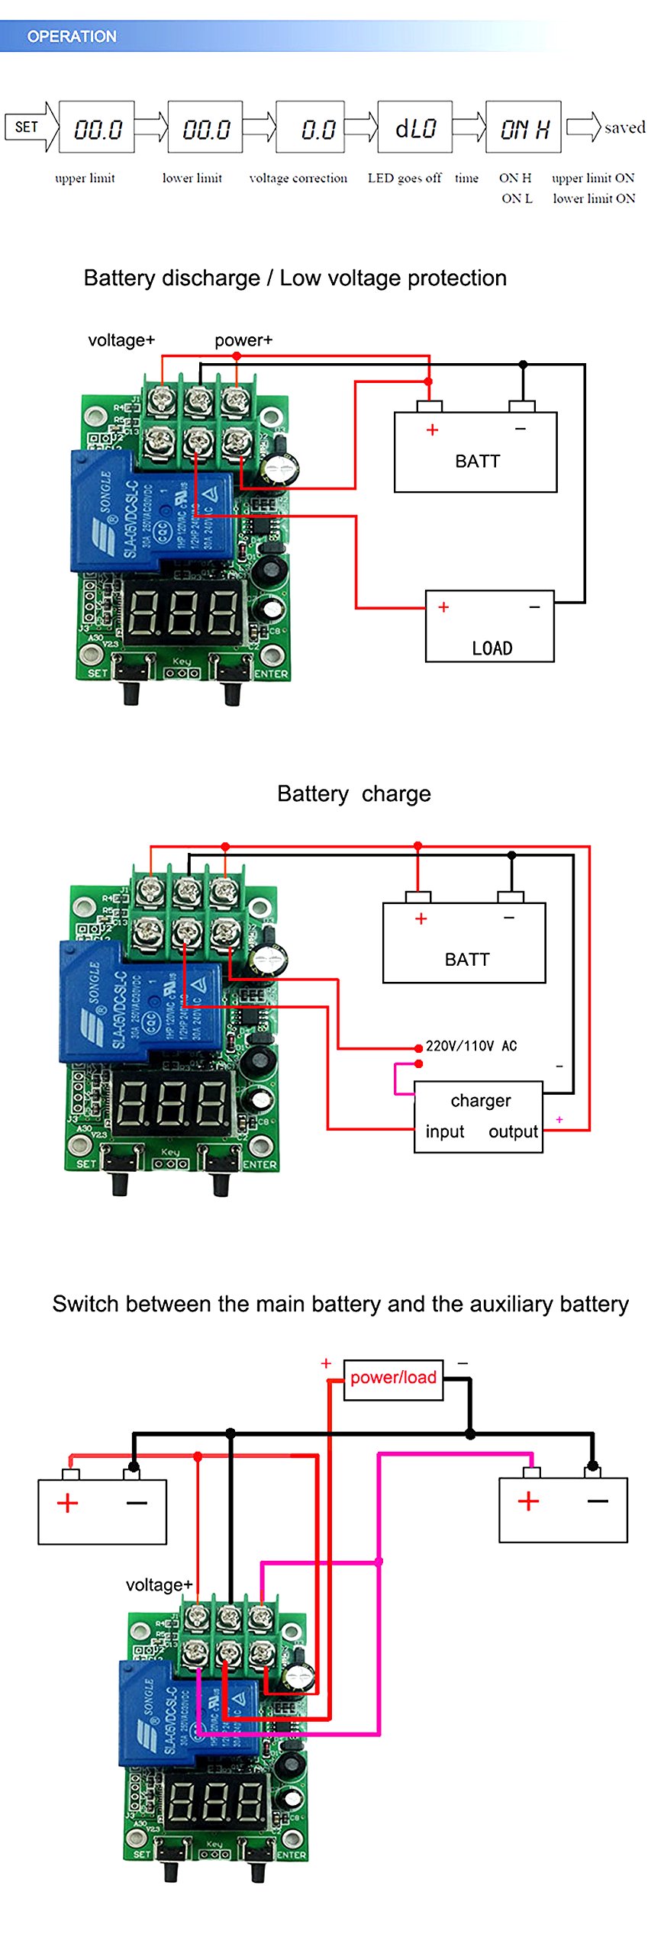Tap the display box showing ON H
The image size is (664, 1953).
point(523,127)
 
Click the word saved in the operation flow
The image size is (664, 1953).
point(624,127)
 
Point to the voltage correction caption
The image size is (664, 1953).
point(298,179)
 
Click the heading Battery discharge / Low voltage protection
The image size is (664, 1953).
point(295,278)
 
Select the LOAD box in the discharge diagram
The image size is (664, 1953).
point(489,626)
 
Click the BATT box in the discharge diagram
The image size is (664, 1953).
point(475,452)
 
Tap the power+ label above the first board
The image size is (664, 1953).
point(243,340)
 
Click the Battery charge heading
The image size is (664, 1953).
point(353,793)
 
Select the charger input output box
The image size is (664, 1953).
point(478,1116)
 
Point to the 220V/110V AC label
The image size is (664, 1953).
point(471,1046)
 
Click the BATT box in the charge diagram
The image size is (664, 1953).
point(463,943)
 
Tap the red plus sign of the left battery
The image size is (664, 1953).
point(68,1503)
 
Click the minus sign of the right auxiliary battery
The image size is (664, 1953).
point(598,1501)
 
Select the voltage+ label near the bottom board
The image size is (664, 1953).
point(159,1585)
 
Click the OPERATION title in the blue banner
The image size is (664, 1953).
point(72,37)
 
